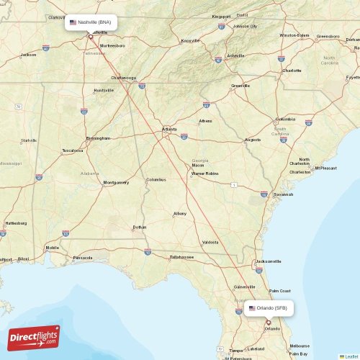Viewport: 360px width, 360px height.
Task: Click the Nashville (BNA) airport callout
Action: coord(91,22)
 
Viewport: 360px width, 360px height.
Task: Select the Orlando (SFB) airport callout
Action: coord(268,307)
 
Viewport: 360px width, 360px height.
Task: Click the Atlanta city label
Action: coord(170,130)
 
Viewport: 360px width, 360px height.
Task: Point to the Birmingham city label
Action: coord(98,138)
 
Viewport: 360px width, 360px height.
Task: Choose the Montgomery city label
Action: coord(115,182)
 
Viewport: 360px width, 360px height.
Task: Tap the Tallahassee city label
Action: coord(181,256)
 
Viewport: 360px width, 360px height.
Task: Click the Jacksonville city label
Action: coord(269,261)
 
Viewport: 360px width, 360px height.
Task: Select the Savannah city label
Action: coord(283,194)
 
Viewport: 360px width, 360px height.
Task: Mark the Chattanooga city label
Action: coord(123,78)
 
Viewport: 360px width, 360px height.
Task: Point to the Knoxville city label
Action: coord(190,40)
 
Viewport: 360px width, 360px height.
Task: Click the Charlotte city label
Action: coord(292,71)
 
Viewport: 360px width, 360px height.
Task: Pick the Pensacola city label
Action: coord(83,257)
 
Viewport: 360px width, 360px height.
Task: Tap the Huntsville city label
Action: coord(104,90)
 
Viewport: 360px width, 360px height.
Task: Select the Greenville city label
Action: coord(240,86)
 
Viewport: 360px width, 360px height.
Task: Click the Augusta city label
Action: coord(253,139)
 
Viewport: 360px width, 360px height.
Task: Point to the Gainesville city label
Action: coord(245,287)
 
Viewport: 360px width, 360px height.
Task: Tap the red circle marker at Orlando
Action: coord(268,323)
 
